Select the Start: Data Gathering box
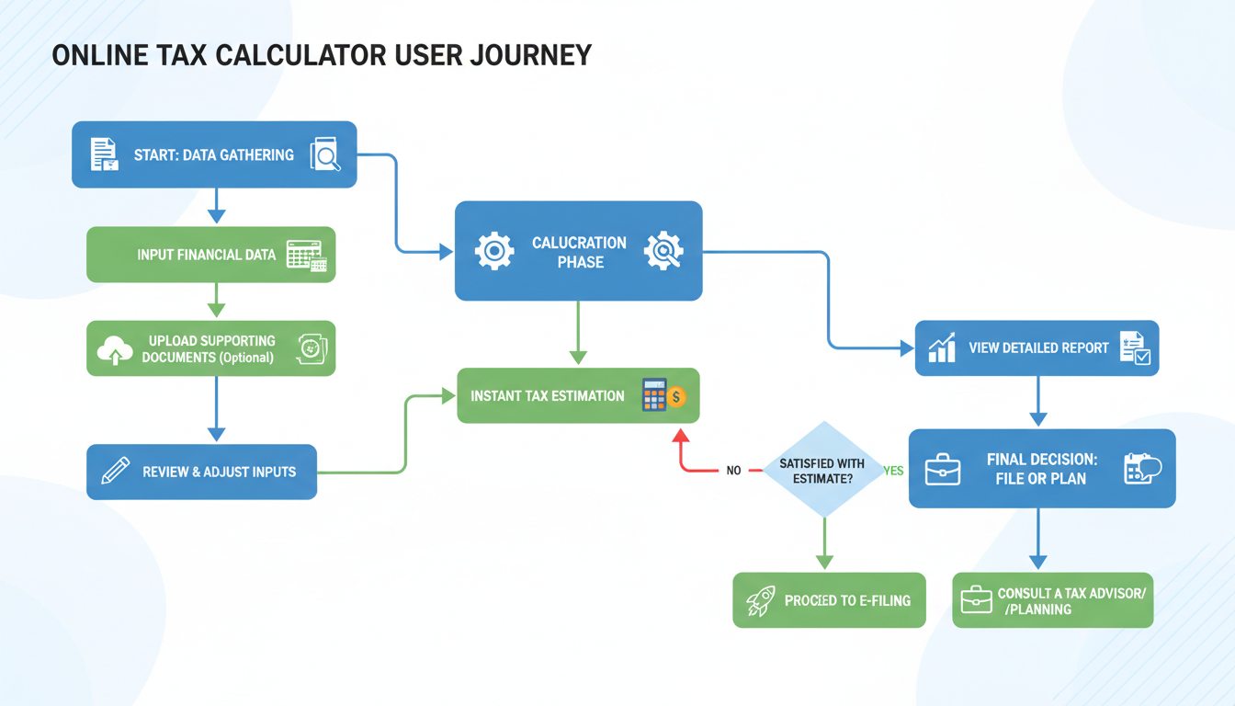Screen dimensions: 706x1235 tap(213, 154)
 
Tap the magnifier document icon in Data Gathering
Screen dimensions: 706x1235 tap(325, 154)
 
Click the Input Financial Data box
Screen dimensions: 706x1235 tap(210, 255)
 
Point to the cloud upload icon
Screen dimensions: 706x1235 tap(115, 349)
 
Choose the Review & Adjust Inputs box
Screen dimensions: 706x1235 tap(201, 472)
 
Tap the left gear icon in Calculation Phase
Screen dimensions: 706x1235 tap(493, 251)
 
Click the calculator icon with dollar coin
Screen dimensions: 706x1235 tap(663, 395)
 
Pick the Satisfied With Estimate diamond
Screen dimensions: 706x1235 tap(823, 470)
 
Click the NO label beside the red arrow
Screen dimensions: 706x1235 tap(733, 471)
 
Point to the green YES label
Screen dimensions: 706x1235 tap(893, 471)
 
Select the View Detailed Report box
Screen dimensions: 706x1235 tap(1037, 348)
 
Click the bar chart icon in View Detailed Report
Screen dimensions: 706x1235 tap(942, 348)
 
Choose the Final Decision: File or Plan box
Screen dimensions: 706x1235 tap(1041, 469)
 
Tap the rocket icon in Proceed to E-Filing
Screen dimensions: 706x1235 tap(760, 601)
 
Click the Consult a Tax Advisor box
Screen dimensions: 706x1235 tap(1052, 601)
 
